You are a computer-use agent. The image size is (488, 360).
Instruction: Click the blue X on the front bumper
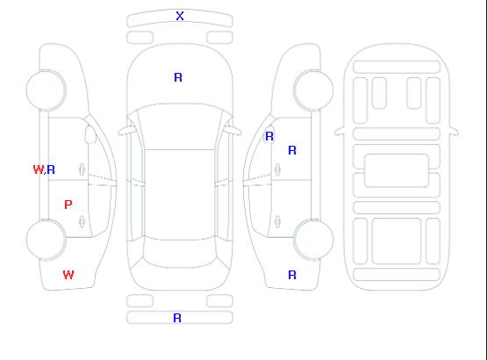point(180,16)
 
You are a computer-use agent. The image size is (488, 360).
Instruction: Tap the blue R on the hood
point(178,77)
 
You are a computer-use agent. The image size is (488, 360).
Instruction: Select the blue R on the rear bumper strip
point(177,318)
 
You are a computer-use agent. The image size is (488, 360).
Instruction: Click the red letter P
point(68,205)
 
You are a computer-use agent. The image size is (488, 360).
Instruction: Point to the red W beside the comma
point(39,169)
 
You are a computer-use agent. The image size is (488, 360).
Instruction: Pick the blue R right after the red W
point(51,169)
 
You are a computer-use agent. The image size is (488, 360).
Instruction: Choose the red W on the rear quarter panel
point(68,275)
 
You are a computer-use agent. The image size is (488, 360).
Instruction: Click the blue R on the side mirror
point(269,136)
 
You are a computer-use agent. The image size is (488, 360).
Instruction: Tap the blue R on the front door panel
point(292,151)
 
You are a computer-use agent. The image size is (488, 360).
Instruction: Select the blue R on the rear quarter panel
point(292,275)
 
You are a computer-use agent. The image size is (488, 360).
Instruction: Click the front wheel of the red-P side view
point(46,90)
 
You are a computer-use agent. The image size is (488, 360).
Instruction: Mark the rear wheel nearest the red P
point(46,240)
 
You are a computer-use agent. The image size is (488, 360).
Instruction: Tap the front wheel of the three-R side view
point(313,90)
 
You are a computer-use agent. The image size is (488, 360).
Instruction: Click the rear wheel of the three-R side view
point(313,240)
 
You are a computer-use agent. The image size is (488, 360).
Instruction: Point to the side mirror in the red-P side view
point(90,134)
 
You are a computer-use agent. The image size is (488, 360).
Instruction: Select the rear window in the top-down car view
point(180,254)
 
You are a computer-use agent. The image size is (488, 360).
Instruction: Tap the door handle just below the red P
point(82,222)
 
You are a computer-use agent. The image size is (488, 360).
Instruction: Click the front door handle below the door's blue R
point(277,169)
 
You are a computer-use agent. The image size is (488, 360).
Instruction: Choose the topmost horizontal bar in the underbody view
point(397,67)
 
